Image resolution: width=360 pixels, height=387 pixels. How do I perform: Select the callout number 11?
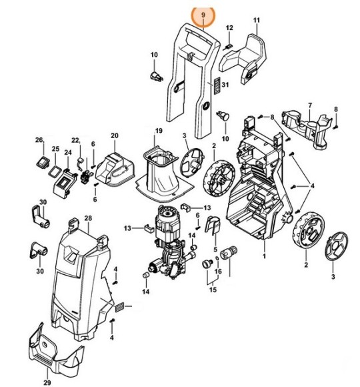pyautogui.click(x=256, y=21)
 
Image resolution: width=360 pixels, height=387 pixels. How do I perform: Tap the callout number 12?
pyautogui.click(x=229, y=28)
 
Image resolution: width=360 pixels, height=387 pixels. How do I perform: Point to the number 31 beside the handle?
pyautogui.click(x=225, y=84)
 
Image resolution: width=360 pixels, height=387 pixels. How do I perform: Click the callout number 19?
pyautogui.click(x=159, y=130)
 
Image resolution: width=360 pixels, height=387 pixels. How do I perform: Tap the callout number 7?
pyautogui.click(x=309, y=106)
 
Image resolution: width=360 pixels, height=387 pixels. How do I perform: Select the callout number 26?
pyautogui.click(x=39, y=140)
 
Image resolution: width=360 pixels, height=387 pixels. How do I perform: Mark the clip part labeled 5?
pyautogui.click(x=214, y=227)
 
